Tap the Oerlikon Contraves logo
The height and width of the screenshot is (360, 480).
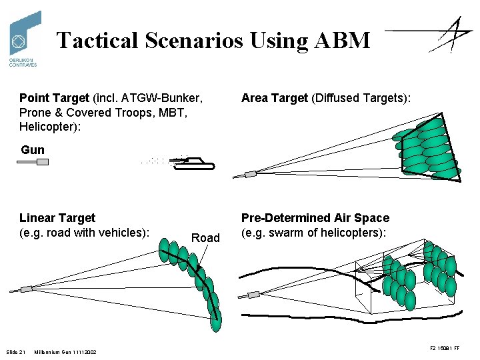[x=24, y=38]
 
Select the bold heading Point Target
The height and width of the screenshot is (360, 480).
[x=53, y=98]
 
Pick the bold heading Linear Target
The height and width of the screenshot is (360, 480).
[x=57, y=218]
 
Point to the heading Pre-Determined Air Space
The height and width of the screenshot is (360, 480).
[x=315, y=218]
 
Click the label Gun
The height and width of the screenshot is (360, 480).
[x=33, y=150]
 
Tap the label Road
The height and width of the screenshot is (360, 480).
[x=205, y=238]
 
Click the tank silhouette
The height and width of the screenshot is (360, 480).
[x=197, y=163]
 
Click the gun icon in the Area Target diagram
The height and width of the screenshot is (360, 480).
[x=251, y=175]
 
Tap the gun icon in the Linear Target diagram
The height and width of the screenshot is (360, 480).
[x=26, y=289]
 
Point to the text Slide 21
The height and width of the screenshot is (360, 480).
[x=15, y=351]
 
